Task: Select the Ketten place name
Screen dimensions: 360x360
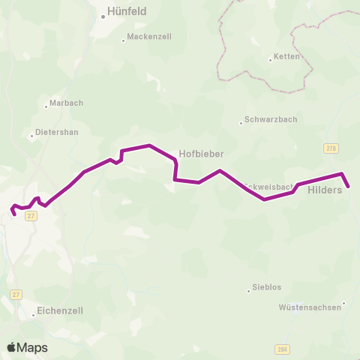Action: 287,56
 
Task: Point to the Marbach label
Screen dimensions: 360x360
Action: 66,103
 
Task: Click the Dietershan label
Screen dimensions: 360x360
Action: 57,132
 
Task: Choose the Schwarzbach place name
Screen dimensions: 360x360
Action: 270,119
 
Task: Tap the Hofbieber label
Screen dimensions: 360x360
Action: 201,153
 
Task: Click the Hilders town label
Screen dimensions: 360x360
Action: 325,190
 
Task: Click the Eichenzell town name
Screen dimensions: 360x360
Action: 61,309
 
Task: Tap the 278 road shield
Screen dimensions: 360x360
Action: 331,148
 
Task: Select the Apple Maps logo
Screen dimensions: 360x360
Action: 27,347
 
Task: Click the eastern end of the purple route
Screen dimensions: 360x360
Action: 348,186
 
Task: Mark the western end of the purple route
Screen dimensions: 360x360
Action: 14,214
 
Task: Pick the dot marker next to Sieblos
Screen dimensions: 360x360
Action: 250,290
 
